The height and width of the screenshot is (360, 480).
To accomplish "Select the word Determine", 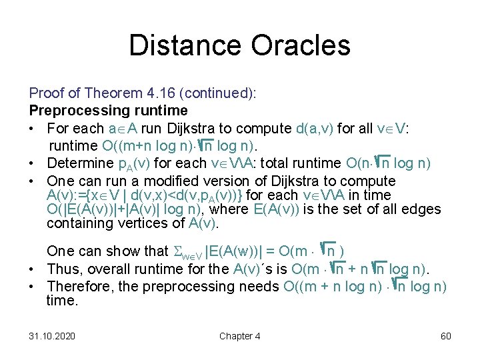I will point(81,163).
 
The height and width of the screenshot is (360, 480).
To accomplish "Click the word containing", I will point(77,223).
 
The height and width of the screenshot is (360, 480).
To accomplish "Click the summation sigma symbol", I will point(177,251).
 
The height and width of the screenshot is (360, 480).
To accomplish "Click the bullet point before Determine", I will point(33,163).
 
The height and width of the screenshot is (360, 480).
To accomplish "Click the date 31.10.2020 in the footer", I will point(52,336).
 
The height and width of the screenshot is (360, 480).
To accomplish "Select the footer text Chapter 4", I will point(240,336).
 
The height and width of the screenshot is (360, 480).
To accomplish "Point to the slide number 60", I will point(446,336).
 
